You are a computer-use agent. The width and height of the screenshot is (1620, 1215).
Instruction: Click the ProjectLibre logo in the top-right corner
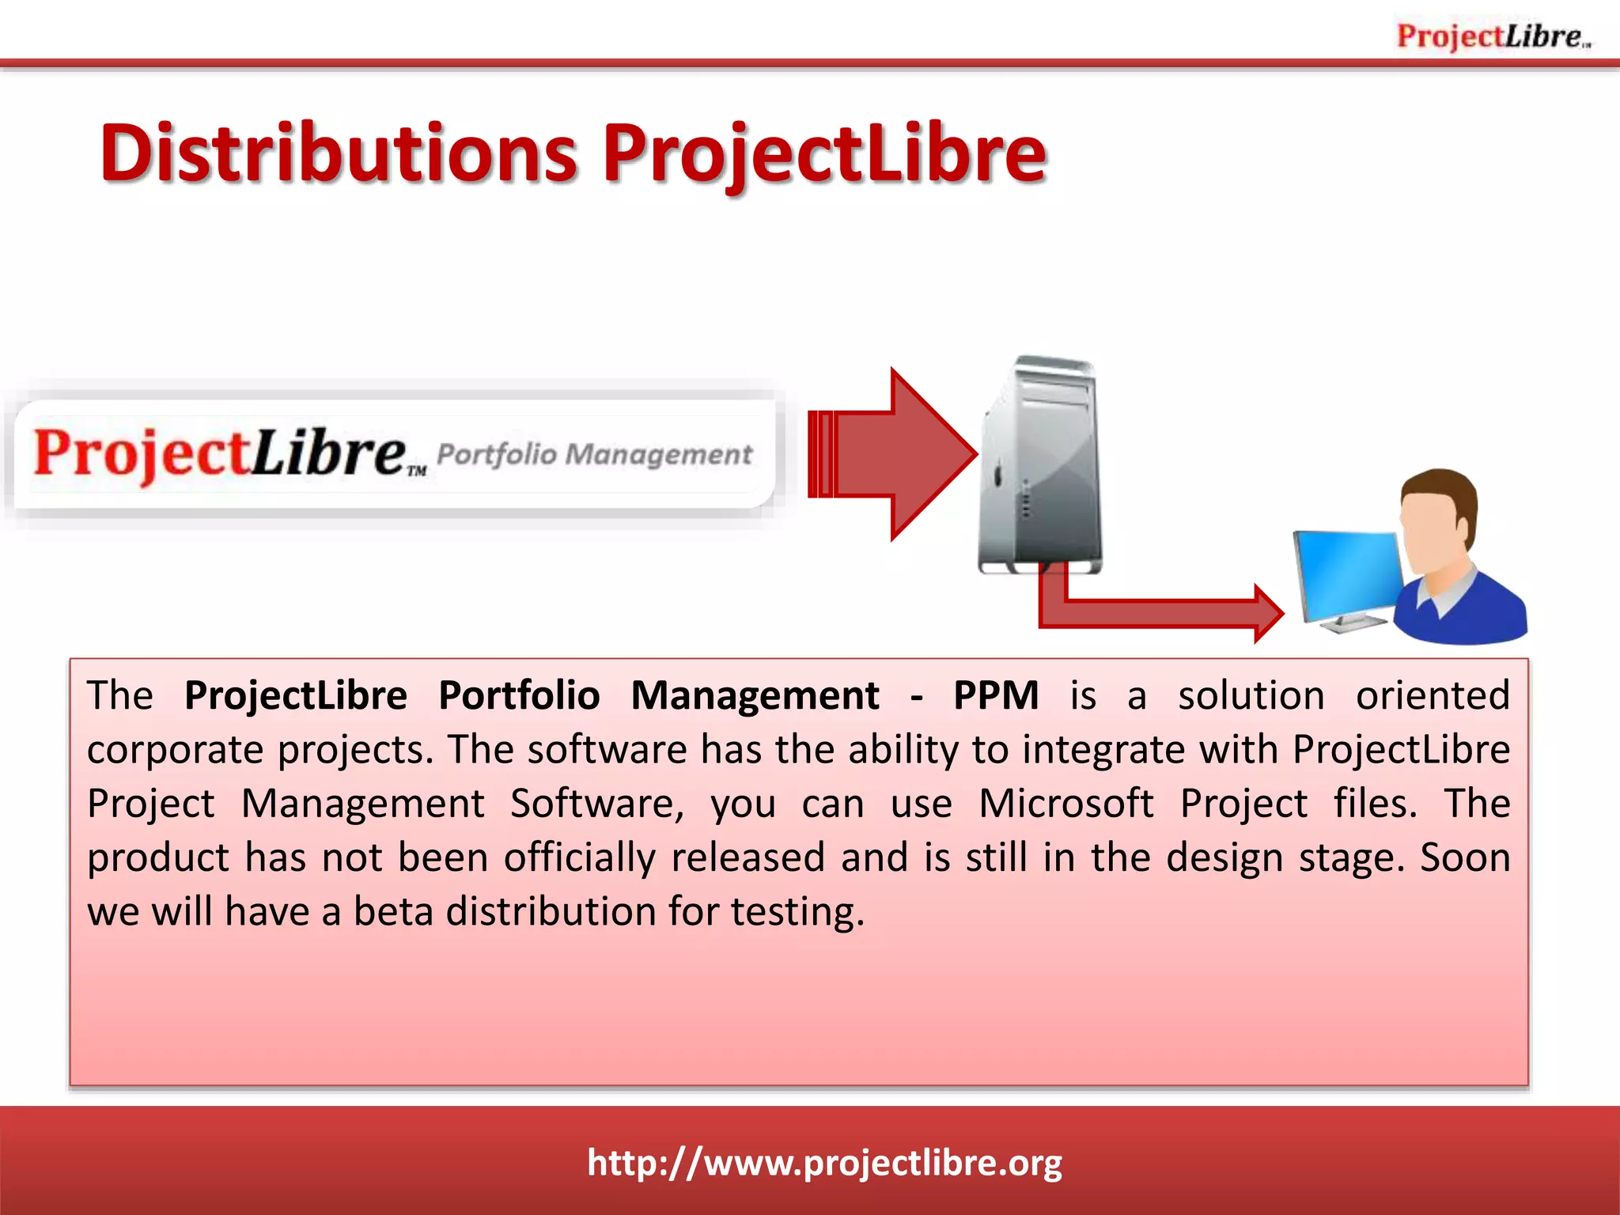point(1493,36)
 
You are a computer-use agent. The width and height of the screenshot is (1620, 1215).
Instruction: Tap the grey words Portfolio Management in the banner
point(594,454)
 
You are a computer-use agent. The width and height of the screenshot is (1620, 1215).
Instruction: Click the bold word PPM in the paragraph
point(995,696)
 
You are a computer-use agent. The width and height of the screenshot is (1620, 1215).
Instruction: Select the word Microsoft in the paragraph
point(1065,804)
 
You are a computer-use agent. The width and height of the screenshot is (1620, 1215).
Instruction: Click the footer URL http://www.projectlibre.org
point(824,1163)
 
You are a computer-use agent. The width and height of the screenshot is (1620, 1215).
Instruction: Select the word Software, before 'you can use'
point(596,804)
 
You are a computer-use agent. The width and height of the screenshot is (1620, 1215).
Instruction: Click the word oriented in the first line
point(1433,696)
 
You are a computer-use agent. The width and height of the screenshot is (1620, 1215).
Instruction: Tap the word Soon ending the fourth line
point(1465,857)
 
